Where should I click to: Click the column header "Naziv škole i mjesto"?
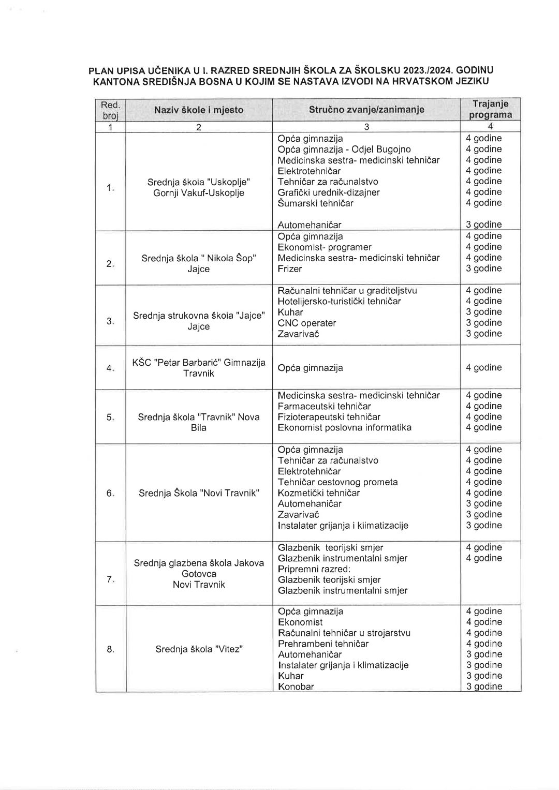click(199, 110)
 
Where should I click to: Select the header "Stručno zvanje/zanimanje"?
click(366, 109)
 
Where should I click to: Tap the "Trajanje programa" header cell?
click(490, 109)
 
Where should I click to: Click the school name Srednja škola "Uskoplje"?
click(199, 182)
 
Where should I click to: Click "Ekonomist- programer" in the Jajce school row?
click(324, 247)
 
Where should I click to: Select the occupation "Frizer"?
click(289, 269)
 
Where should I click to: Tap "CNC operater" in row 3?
click(306, 323)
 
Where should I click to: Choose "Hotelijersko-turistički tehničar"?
click(339, 302)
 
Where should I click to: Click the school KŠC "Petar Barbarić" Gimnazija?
click(199, 363)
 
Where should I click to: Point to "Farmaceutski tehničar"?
click(324, 407)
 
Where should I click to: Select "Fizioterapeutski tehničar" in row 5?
click(329, 417)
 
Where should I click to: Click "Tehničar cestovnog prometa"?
click(337, 482)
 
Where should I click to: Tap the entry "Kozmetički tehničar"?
click(318, 493)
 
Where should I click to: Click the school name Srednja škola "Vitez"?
click(199, 649)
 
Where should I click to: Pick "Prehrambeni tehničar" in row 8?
click(323, 644)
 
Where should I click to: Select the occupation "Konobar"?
click(296, 687)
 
